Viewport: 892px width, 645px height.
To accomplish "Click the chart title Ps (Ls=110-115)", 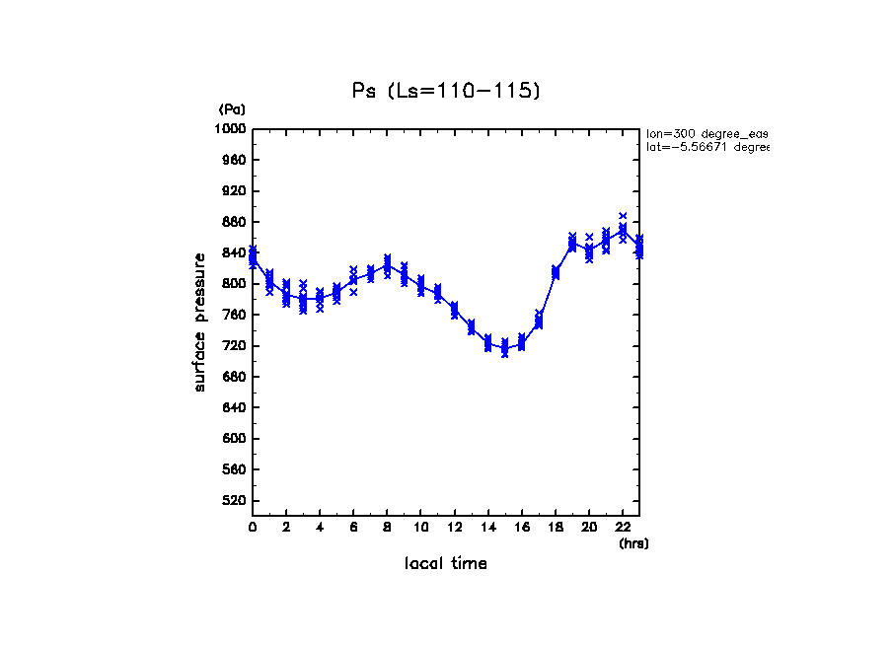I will tap(446, 91).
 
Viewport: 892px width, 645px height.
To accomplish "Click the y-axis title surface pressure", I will tap(200, 322).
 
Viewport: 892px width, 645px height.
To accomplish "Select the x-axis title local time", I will tap(446, 564).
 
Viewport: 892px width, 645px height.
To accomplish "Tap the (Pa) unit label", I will tap(232, 109).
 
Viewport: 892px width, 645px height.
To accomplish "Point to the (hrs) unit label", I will tap(633, 543).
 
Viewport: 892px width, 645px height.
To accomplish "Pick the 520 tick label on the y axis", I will tap(234, 501).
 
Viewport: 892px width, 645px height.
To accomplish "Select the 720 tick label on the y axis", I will tap(234, 346).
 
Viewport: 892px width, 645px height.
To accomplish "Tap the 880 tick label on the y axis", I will tap(234, 222).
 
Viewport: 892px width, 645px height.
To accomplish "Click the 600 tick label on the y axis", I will tap(234, 439).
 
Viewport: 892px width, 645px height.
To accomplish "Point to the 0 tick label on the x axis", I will tap(253, 528).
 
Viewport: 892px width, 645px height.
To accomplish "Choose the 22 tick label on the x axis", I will tap(623, 528).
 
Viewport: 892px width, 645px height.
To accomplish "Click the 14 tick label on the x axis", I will tap(487, 528).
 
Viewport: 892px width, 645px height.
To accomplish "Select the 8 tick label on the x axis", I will tap(387, 528).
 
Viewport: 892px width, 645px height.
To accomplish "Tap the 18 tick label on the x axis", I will tap(556, 528).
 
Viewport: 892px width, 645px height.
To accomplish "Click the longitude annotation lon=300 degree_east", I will tap(706, 133).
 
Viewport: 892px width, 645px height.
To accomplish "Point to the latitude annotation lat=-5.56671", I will tap(706, 147).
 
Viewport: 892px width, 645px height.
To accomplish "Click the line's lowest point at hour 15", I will tap(504, 348).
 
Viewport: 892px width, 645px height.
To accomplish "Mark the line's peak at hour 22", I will tap(623, 230).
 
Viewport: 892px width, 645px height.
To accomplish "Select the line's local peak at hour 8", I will tap(387, 264).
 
